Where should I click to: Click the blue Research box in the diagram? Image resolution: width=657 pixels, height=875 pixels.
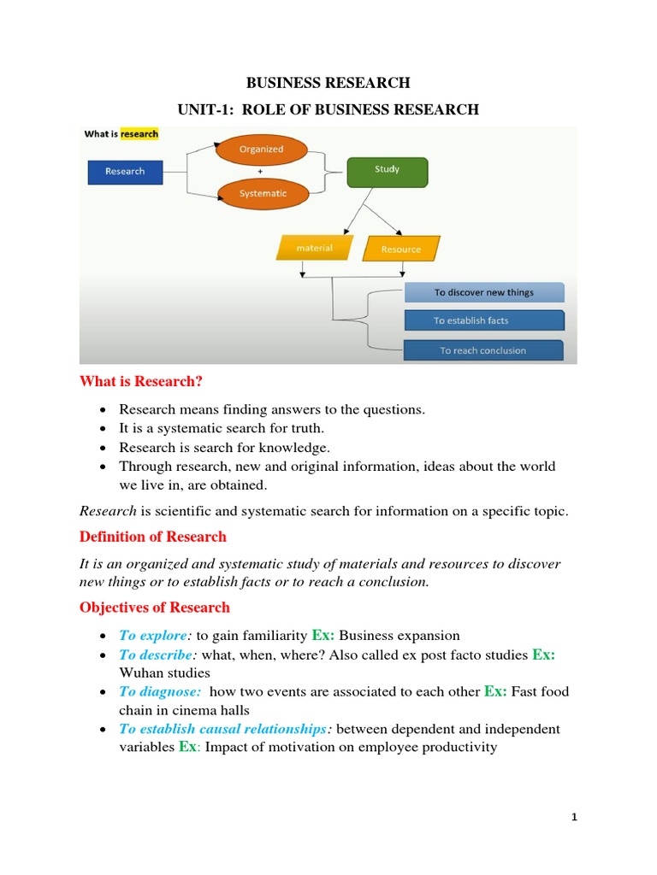pos(125,172)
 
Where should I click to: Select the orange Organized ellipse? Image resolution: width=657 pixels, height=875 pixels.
pos(261,150)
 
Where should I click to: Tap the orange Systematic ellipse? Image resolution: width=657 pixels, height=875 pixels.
pos(263,193)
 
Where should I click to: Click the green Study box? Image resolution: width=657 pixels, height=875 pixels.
pos(387,170)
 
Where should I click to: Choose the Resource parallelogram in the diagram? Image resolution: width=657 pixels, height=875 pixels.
pos(401,249)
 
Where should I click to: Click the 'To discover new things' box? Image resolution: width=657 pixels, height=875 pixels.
pos(483,292)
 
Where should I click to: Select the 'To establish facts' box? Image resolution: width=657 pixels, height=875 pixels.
pos(483,320)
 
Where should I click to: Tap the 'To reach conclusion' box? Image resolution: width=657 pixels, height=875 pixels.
pos(483,350)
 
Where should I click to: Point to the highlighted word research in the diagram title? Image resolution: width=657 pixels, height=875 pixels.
pos(139,133)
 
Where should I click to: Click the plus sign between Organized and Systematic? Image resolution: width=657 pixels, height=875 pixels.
pos(260,172)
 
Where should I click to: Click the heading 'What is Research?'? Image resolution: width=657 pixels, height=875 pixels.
pos(141,381)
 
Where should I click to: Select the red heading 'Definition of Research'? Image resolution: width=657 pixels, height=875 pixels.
pos(153,537)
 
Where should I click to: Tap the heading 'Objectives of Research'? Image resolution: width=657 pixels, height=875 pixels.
pos(155,608)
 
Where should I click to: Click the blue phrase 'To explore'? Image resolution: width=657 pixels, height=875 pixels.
pos(153,636)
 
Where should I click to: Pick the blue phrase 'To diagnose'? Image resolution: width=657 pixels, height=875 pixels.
pos(160,692)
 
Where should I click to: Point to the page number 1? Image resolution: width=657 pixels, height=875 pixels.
pos(575,818)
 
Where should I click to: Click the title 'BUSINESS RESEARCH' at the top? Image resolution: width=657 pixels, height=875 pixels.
pos(328,83)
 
